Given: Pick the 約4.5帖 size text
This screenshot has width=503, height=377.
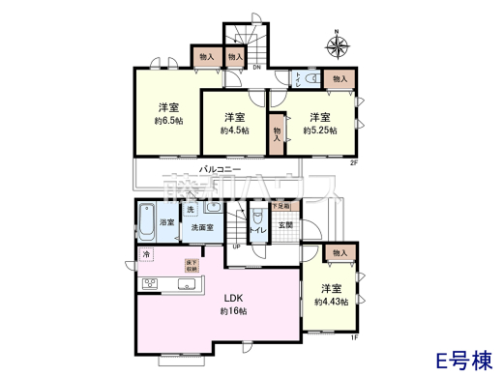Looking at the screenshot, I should click(x=232, y=130).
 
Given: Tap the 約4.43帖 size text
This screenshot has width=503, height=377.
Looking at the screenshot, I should click(x=331, y=303).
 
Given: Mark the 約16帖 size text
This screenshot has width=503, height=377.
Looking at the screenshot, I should click(x=234, y=311).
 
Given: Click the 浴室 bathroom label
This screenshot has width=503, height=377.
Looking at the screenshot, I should click(x=166, y=222).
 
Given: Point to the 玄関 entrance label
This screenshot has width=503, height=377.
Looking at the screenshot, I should click(x=285, y=225).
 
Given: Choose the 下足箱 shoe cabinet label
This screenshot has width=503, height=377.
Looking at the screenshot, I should click(x=280, y=206).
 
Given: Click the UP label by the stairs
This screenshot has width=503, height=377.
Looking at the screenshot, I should click(x=235, y=246).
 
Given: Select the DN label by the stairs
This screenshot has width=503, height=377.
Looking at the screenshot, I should click(x=257, y=68).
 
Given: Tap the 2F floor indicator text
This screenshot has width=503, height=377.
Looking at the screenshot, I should click(x=354, y=161).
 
